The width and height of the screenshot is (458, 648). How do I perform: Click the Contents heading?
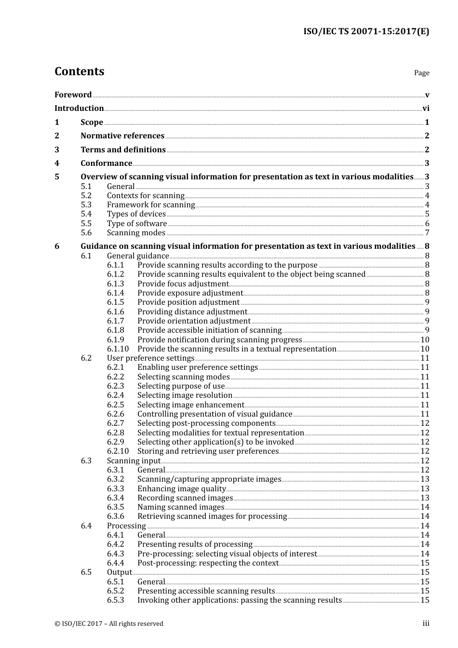[x=79, y=71]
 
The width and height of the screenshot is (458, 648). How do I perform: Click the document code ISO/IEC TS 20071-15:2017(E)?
[x=366, y=32]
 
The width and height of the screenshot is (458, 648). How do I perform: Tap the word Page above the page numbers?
[x=421, y=73]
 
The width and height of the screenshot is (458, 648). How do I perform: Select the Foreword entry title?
[x=73, y=95]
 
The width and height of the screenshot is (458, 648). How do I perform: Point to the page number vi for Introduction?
[x=426, y=108]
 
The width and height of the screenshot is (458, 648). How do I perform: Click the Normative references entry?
[x=122, y=136]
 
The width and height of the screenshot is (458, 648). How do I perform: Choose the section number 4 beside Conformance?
[x=57, y=163]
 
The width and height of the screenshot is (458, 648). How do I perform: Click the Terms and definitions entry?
[x=123, y=150]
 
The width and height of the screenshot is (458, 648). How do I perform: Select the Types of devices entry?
[x=136, y=214]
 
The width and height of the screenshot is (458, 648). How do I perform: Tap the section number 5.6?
[x=86, y=233]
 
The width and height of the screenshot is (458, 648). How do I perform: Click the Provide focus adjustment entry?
[x=183, y=284]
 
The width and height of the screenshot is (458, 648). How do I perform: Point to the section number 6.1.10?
[x=118, y=349]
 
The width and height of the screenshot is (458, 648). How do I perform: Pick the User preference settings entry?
[x=150, y=358]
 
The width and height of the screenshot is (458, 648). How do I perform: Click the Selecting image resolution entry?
[x=185, y=395]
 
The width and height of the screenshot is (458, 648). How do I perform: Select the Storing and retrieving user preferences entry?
[x=208, y=451]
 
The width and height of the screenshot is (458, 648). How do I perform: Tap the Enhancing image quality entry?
[x=181, y=489]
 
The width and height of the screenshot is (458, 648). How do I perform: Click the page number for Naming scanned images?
[x=425, y=507]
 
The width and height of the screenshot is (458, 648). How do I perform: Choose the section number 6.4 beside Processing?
[x=86, y=526]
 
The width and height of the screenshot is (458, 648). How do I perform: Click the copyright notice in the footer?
[x=109, y=624]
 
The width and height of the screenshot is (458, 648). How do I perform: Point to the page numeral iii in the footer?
[x=426, y=624]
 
